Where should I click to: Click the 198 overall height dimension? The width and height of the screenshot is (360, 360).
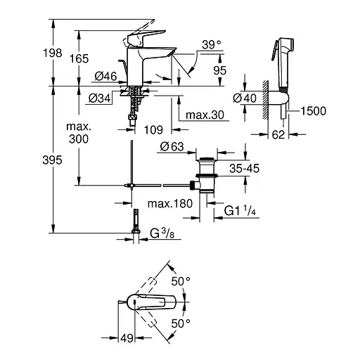click(33, 53)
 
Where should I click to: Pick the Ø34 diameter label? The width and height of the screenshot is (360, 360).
click(101, 98)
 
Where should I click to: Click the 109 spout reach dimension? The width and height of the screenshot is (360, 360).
click(157, 129)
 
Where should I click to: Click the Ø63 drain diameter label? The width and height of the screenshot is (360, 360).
click(171, 146)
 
